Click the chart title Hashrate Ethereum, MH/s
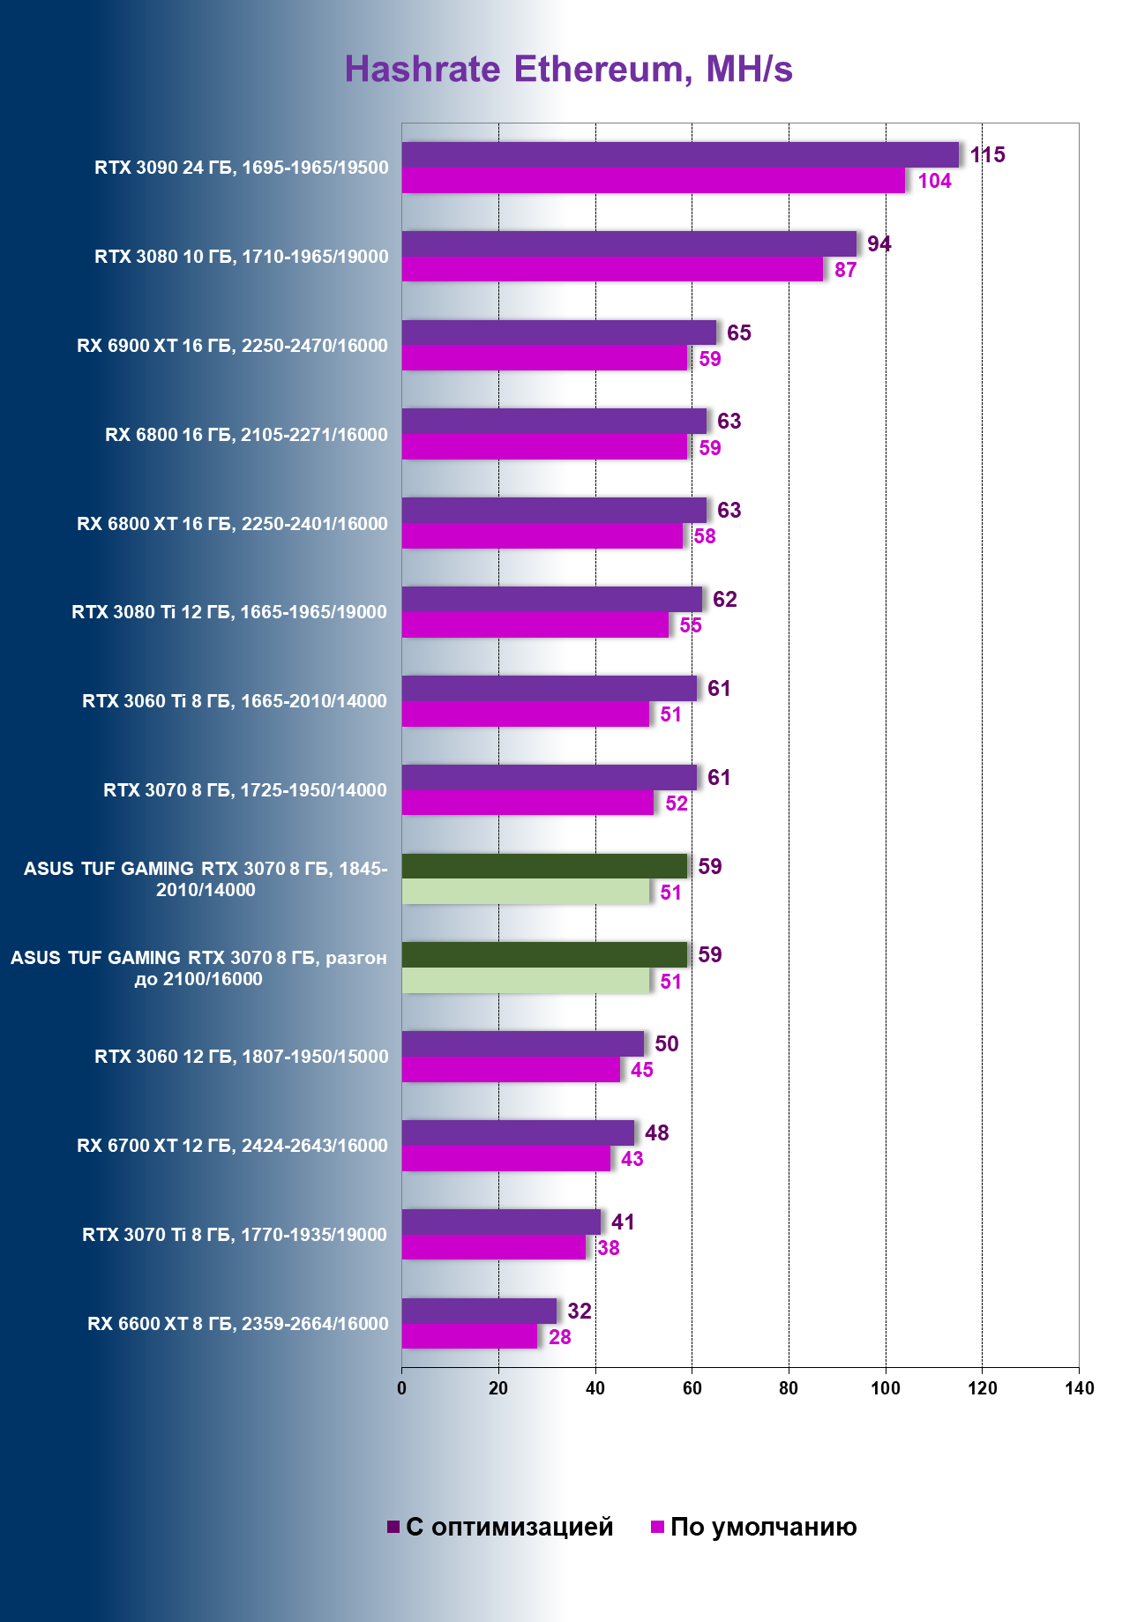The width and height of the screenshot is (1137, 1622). click(568, 70)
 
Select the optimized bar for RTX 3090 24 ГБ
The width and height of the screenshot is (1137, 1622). click(680, 155)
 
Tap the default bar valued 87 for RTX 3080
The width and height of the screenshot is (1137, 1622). click(612, 270)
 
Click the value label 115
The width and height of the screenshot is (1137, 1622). click(987, 155)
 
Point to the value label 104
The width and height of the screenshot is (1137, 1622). click(934, 182)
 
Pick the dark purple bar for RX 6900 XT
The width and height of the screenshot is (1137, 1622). click(559, 333)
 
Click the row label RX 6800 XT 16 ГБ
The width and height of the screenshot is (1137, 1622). click(232, 524)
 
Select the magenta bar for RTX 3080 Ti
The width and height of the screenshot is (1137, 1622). click(535, 625)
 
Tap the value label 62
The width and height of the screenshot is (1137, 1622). click(724, 600)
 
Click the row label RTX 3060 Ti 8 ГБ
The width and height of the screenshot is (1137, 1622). click(235, 701)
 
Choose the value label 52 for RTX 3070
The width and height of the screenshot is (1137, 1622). click(677, 804)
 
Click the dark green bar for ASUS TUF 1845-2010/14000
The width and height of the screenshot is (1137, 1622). click(544, 866)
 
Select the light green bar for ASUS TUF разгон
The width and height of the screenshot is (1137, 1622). click(525, 981)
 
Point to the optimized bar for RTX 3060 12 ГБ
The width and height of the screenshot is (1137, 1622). click(523, 1043)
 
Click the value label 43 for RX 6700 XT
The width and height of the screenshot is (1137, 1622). click(632, 1159)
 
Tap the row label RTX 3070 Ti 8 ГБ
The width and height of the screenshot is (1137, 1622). click(235, 1235)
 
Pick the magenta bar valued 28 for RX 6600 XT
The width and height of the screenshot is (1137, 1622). click(469, 1337)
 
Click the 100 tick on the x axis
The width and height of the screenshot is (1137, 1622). click(885, 1389)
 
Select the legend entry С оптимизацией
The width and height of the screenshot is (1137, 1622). click(500, 1528)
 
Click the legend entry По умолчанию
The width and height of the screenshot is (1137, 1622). click(754, 1528)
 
